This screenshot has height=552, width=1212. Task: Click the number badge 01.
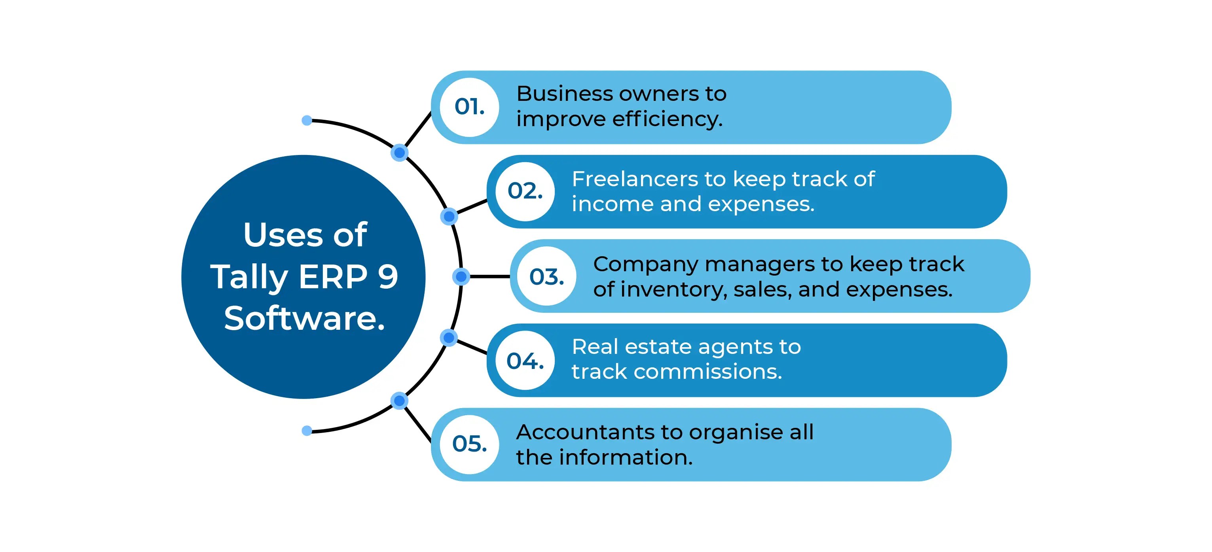(x=469, y=107)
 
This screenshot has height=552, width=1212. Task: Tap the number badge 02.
(x=525, y=191)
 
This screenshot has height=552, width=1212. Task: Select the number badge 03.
(x=546, y=276)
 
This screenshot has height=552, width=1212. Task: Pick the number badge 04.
(x=525, y=361)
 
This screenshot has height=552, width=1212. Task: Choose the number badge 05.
(x=469, y=444)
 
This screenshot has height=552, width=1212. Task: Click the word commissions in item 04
(x=707, y=372)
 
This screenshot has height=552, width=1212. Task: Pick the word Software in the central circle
(x=304, y=318)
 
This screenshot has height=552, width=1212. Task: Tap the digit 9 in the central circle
(x=388, y=276)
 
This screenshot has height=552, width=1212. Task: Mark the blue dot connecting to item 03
(x=461, y=276)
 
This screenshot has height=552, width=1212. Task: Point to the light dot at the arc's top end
(x=307, y=120)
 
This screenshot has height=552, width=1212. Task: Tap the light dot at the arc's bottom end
(x=307, y=431)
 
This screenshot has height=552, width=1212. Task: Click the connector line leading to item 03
(x=489, y=276)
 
